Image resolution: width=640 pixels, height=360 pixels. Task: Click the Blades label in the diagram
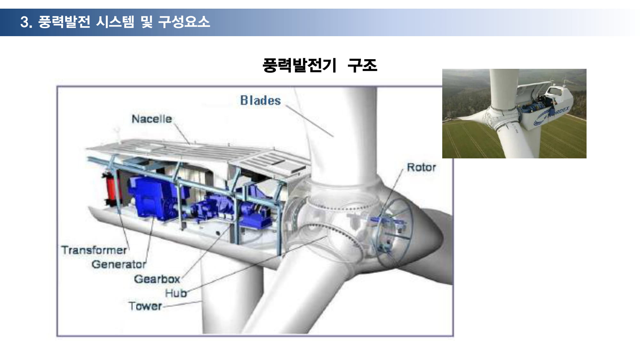tap(260, 100)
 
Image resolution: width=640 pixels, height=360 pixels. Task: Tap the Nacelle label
tap(152, 119)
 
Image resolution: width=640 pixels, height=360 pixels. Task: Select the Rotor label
tap(421, 167)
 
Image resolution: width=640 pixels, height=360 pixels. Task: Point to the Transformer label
tap(94, 250)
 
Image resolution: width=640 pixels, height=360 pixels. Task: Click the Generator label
tap(119, 264)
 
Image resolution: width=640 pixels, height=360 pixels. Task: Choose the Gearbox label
tap(157, 279)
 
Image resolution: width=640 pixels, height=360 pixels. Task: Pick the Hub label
tap(176, 293)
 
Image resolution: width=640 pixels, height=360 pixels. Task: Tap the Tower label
tap(145, 306)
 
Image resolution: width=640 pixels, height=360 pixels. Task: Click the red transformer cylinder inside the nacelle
tap(110, 189)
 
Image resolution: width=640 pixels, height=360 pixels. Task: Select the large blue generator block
tap(152, 198)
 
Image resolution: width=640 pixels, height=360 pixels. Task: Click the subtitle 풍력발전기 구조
tap(320, 65)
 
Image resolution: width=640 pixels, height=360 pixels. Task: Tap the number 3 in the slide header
tap(25, 22)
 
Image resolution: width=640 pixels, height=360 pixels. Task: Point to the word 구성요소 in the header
tap(184, 22)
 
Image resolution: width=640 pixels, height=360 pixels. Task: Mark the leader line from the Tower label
tap(182, 304)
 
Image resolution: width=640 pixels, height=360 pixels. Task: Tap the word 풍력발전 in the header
tap(64, 22)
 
